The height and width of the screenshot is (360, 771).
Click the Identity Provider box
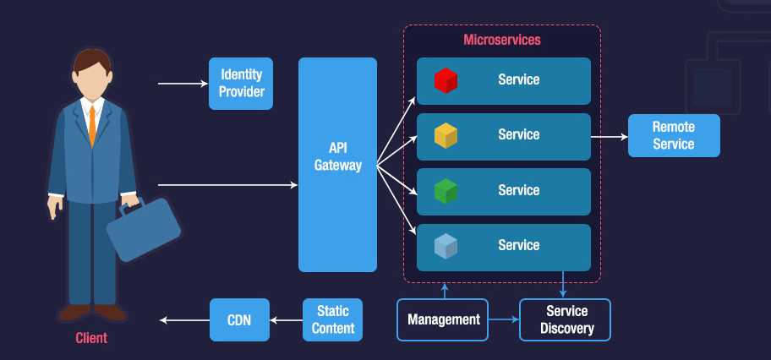coord(241,84)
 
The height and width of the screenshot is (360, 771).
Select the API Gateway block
coord(337,165)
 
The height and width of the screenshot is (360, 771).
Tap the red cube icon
coord(446,80)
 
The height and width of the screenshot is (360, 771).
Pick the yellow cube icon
coord(446,135)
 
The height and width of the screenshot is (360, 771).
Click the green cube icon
coord(446,191)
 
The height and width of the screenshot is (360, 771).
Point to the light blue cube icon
coord(446,246)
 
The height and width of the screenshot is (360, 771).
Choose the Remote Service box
coord(674,135)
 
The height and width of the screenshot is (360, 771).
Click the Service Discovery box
coord(565,319)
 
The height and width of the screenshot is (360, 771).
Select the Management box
coord(443,319)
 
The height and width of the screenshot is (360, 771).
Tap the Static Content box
coord(332,319)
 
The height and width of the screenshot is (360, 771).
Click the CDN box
coord(238,319)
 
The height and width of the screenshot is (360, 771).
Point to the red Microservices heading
coord(502,40)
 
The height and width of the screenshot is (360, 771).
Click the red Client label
coord(91,339)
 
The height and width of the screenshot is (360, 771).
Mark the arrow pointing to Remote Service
coord(609,135)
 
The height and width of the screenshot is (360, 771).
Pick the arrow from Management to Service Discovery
coord(504,319)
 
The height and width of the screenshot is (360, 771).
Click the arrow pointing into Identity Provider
coord(183,84)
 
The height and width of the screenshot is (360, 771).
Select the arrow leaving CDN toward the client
coord(184,319)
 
